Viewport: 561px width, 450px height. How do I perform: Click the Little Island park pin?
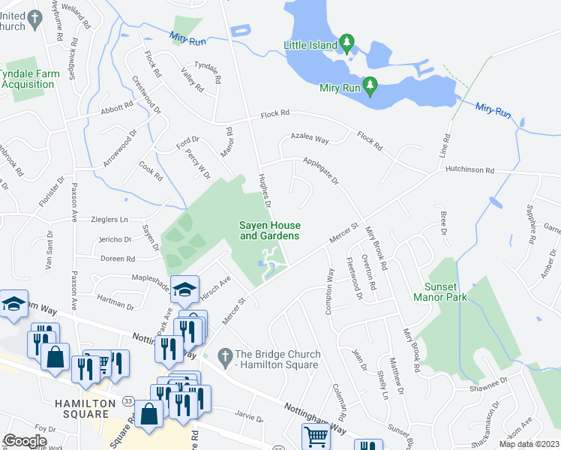[x=346, y=42]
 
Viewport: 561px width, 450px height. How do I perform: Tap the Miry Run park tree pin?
[x=370, y=85]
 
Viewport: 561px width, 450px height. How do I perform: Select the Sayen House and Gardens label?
[x=269, y=230]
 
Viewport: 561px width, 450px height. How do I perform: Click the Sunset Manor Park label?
[x=439, y=292]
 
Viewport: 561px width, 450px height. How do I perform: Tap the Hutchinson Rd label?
[x=469, y=171]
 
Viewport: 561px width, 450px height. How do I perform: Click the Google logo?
[x=25, y=440]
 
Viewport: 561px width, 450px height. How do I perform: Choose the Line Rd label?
[x=445, y=148]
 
